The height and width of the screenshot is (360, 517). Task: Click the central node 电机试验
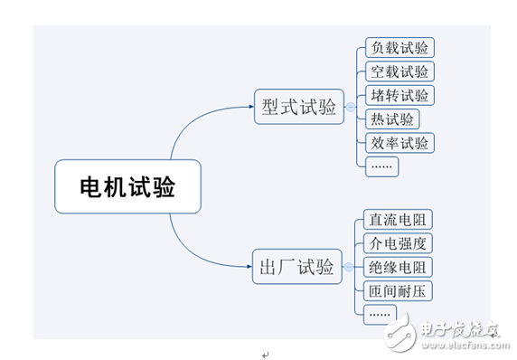pos(127,187)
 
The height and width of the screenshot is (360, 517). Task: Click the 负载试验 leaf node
pos(398,48)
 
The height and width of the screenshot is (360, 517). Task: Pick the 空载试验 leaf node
pos(398,71)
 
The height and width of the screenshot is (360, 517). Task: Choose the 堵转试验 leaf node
pos(398,95)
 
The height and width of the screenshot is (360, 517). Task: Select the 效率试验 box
pos(398,142)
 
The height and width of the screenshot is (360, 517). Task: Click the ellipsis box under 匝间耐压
pos(380,313)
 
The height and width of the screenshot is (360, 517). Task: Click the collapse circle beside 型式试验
pos(351,107)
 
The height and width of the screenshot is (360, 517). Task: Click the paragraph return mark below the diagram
pos(265,354)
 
